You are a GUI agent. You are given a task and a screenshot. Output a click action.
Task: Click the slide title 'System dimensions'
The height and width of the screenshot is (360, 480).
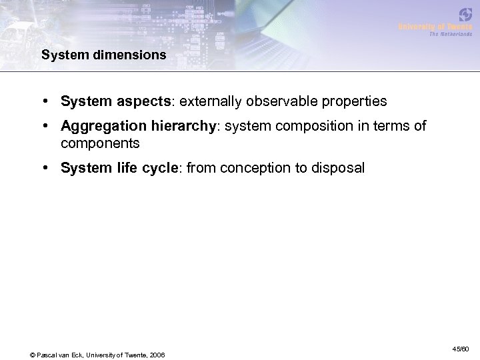[x=104, y=55]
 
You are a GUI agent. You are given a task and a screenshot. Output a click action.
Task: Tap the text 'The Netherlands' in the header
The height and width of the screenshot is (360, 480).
[x=449, y=34]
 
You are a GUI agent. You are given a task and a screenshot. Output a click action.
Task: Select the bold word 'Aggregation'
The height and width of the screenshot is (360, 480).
[x=100, y=127]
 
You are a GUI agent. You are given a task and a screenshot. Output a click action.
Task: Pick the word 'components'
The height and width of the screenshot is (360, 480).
[x=100, y=143]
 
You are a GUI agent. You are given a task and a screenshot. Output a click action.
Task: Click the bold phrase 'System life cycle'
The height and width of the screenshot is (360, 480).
[x=116, y=168]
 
